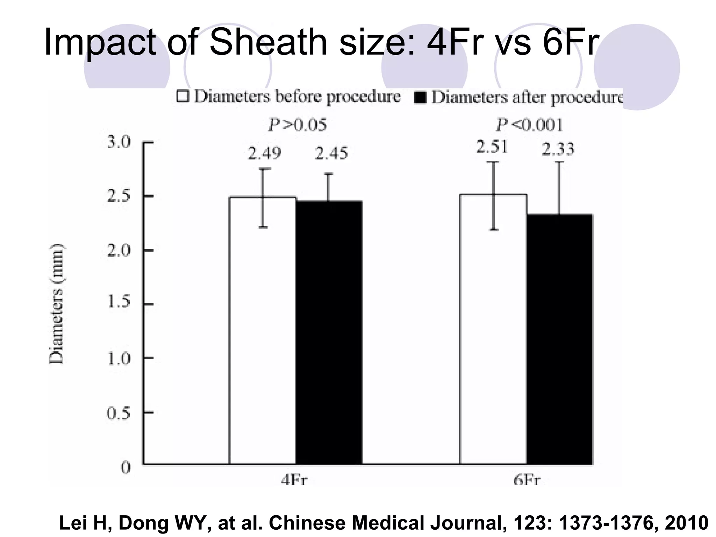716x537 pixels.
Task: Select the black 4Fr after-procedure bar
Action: click(329, 332)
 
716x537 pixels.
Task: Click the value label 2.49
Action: click(264, 153)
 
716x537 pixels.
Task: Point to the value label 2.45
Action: click(331, 153)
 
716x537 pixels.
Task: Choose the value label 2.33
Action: click(558, 149)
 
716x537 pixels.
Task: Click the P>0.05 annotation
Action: click(297, 125)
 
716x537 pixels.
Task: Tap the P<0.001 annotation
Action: click(529, 125)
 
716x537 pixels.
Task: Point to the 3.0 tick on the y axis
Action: click(119, 142)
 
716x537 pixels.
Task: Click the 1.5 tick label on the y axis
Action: click(119, 301)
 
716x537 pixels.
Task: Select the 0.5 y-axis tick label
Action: click(119, 414)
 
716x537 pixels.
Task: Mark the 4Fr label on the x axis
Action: click(294, 480)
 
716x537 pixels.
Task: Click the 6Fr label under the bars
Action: click(527, 480)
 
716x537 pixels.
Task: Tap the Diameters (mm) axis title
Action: click(56, 303)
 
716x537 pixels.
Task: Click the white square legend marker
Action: click(182, 96)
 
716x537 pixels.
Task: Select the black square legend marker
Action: click(420, 98)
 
